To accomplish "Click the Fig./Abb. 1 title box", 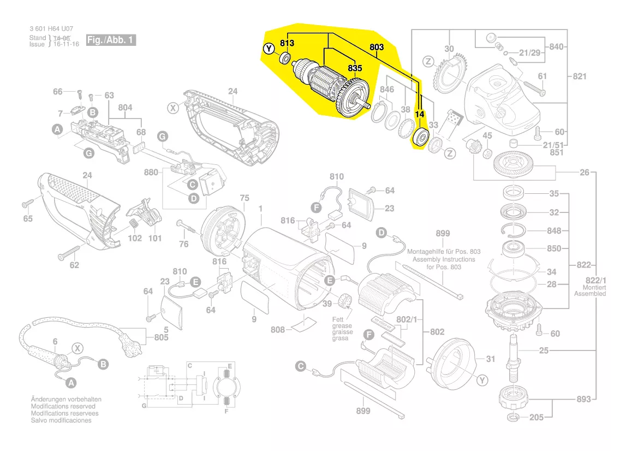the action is (111, 40).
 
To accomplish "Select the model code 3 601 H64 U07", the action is (51, 29).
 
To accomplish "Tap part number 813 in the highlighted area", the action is (287, 43).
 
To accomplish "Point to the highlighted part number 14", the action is (420, 114).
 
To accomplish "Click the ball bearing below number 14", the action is (420, 137).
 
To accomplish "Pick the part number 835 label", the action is (355, 68).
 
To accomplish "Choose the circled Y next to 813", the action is (269, 49).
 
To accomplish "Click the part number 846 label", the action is (387, 89).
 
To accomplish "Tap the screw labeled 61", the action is (534, 89).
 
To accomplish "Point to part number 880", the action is (151, 172).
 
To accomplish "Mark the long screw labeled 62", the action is (69, 252).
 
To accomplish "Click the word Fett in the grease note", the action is (338, 319).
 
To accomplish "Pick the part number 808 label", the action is (278, 329).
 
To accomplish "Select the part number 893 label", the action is (583, 399).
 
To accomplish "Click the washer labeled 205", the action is (513, 418).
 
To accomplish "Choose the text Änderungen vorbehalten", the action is (67, 399).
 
